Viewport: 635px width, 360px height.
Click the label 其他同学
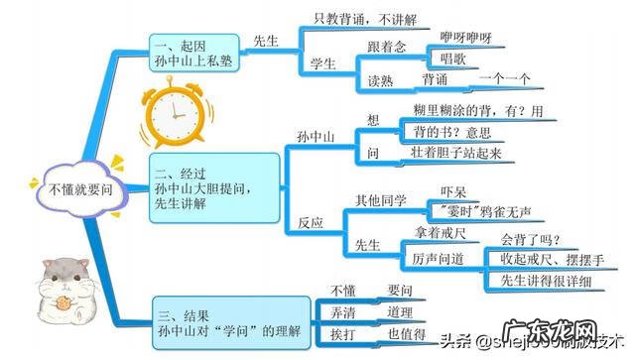[x=381, y=200]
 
